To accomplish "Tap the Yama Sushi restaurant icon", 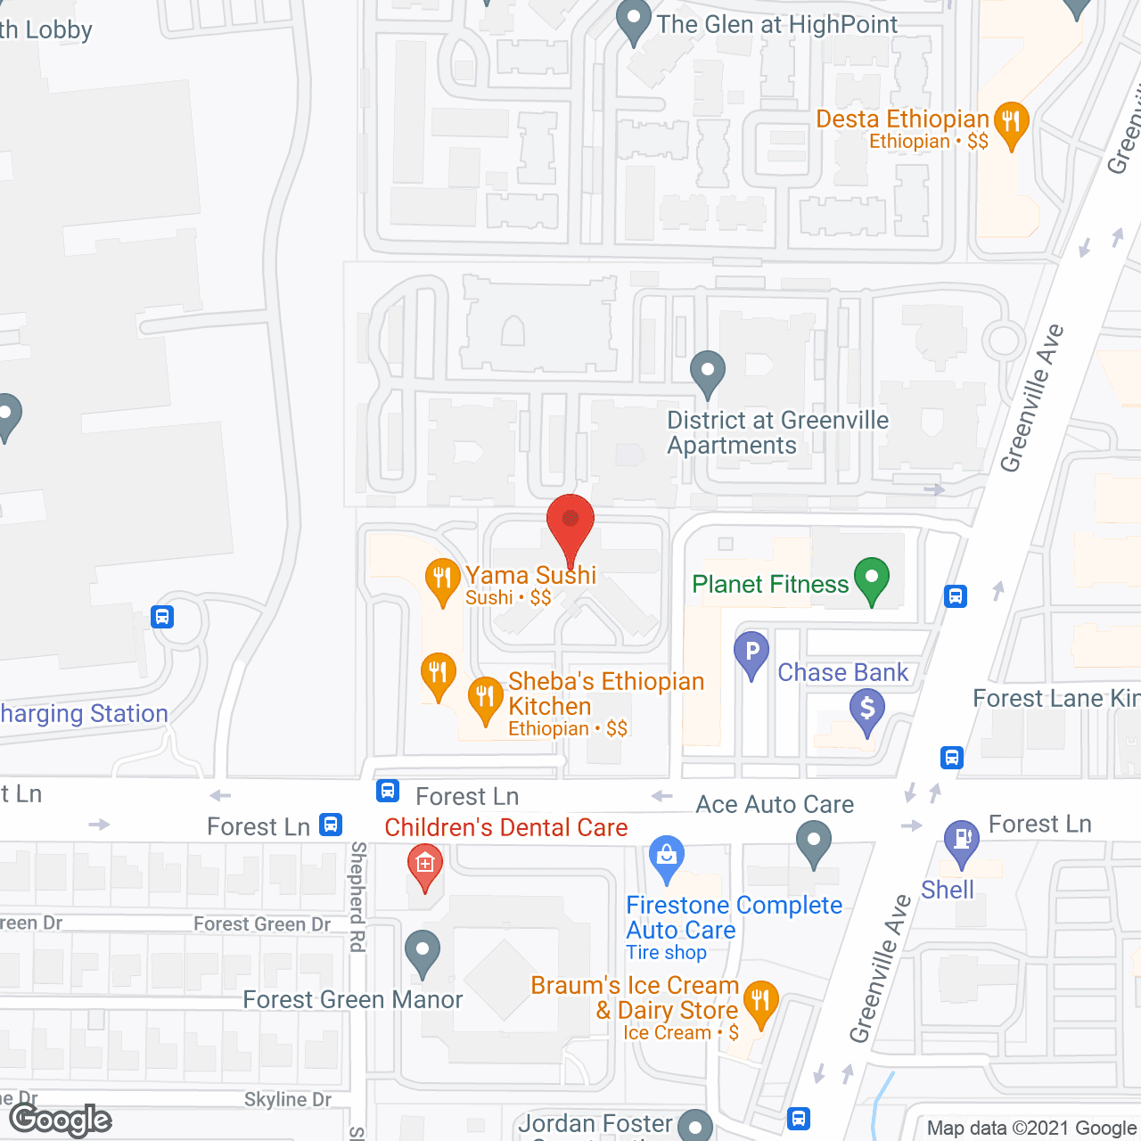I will coord(442,579).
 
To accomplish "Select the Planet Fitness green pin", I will coord(872,579).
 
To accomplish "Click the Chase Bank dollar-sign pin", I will coord(866,710).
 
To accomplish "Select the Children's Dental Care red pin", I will coord(425,866).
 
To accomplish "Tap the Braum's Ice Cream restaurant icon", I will coord(760,1003).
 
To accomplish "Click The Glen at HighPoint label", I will coord(776,25).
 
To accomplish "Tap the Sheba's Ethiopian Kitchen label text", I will coord(605,694).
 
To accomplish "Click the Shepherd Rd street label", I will coord(357,896).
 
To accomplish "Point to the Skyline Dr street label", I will coord(287,1100).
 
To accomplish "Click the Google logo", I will coord(61,1120).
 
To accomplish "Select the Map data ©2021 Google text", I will coord(1031,1129).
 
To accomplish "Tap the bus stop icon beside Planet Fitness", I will coord(956,595).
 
